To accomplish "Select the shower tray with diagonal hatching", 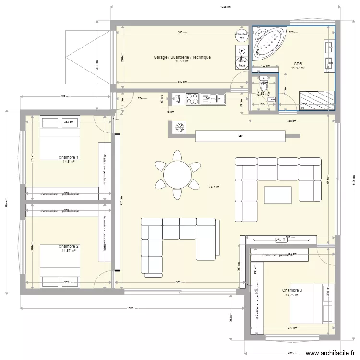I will [x=317, y=100].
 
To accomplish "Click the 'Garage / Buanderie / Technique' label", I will [x=182, y=57].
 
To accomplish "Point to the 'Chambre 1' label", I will [x=69, y=157].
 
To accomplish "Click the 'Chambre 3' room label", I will [x=292, y=290].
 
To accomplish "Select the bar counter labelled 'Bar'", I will [x=240, y=136].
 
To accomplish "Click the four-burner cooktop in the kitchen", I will [x=192, y=98].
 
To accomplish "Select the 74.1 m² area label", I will [x=215, y=187].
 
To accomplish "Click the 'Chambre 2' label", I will [x=69, y=246].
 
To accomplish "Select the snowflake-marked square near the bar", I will [x=179, y=128].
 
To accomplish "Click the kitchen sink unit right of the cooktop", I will [x=213, y=98].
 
